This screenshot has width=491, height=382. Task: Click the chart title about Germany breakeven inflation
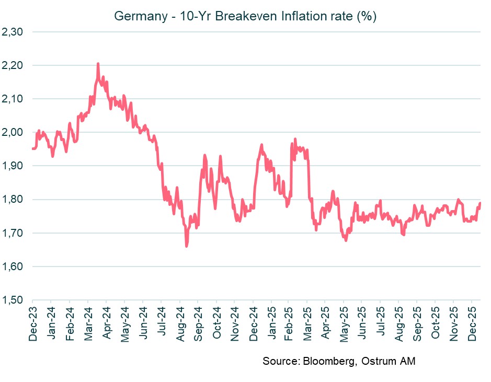245,16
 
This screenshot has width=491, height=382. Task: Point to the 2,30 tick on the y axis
14,32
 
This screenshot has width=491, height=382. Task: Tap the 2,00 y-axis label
14,132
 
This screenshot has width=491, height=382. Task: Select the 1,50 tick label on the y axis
14,300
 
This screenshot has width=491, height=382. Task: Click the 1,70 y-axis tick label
14,233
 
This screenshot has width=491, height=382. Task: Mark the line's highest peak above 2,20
98,64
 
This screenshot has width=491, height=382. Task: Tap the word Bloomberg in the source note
322,361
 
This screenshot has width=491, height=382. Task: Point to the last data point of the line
480,203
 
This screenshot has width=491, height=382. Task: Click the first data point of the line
32,149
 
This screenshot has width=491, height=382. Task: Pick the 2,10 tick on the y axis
14,99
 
